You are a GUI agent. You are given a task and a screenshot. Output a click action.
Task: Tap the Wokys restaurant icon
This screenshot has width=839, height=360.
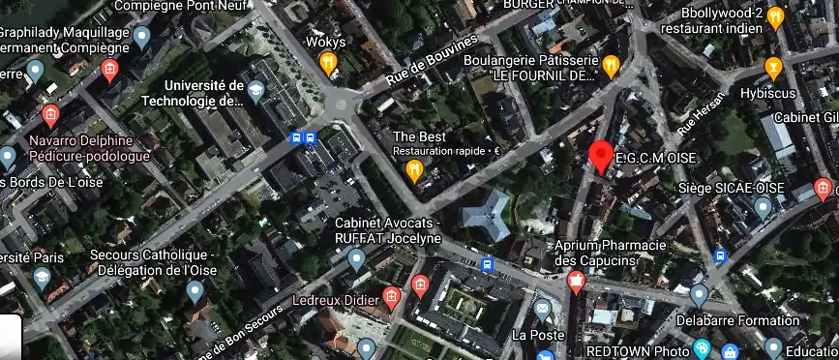pos(328,64)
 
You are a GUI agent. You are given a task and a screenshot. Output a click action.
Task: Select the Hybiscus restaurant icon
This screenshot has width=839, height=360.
pos(772,68)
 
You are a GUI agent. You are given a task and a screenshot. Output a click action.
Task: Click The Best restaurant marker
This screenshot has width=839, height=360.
pos(415,171)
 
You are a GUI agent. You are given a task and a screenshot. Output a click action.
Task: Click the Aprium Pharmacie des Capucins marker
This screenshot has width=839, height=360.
pos(577,283)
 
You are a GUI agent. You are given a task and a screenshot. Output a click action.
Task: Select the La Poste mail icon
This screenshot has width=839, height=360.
pos(543,311)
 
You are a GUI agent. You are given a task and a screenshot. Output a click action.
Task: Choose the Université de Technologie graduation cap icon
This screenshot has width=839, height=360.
pos(255,92)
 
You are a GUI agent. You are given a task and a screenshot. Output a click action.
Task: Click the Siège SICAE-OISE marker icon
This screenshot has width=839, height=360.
pos(763,207)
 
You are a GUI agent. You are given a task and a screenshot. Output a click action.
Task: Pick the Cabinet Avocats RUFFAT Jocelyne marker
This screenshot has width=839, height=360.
pos(356,258)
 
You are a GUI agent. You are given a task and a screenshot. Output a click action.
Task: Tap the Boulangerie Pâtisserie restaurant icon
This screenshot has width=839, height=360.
pos(611,66)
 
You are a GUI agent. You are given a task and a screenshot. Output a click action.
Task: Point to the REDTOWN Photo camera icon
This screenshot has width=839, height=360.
pos(702,349)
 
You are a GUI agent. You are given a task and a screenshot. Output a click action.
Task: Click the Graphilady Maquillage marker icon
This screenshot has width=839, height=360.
pos(142,39)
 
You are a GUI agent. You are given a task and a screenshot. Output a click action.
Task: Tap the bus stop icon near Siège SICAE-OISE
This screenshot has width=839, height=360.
pos(720,255)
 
